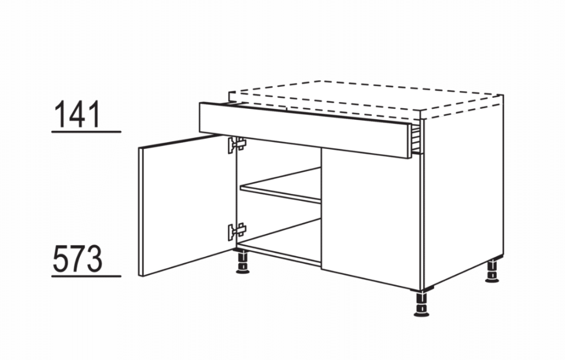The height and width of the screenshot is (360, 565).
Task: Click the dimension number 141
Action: [77, 114]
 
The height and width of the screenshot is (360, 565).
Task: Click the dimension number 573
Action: [77, 258]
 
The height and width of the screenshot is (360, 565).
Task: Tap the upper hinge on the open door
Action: [236, 145]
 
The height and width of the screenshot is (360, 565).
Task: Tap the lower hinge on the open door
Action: [236, 231]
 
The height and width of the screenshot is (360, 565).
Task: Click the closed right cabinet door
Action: [371, 218]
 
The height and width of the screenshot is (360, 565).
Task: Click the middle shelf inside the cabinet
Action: [281, 184]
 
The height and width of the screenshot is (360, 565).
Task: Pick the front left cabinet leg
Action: [243, 262]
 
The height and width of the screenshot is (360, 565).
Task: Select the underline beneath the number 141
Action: [86, 132]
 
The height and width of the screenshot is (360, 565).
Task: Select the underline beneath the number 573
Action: [86, 277]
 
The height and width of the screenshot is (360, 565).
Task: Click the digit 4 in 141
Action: [77, 114]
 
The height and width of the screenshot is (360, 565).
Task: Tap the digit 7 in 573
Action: [77, 258]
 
